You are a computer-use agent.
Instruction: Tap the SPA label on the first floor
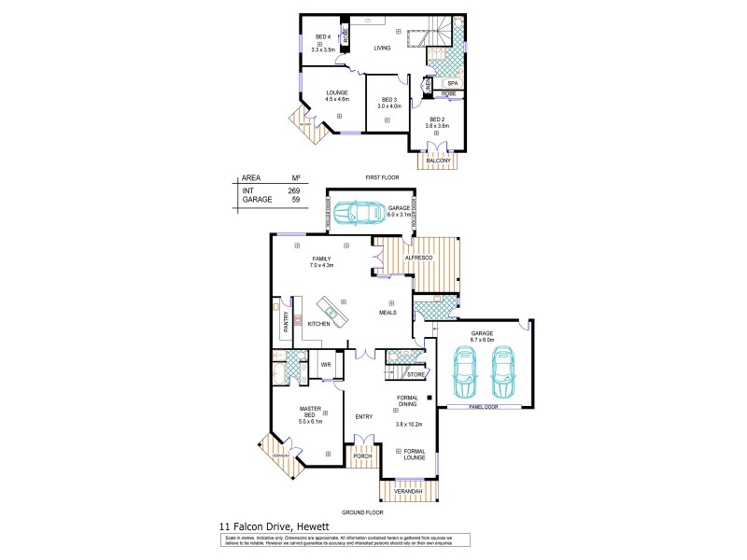tap(452, 83)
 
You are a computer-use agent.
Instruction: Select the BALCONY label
tap(438, 161)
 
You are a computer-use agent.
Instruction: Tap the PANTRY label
tap(286, 321)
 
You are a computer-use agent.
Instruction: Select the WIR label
tap(326, 364)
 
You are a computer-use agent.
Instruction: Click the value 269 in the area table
tap(294, 190)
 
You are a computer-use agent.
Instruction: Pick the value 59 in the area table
tap(295, 200)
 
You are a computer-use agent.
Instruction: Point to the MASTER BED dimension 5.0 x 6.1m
tap(311, 422)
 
